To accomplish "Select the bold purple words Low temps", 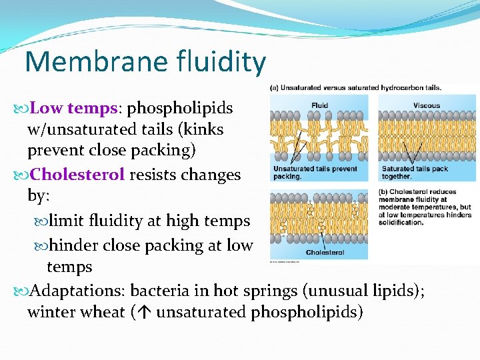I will pos(73,108).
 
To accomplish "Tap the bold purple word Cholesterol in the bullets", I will pos(77,175).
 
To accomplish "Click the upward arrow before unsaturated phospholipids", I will pos(145,312).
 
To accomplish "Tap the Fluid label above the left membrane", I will pos(320,105).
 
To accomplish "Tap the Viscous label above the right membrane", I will pos(427,105).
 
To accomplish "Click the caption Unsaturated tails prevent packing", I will pos(305,173).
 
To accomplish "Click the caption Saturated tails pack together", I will pos(415,173).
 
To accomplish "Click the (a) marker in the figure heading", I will pos(274,87).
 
